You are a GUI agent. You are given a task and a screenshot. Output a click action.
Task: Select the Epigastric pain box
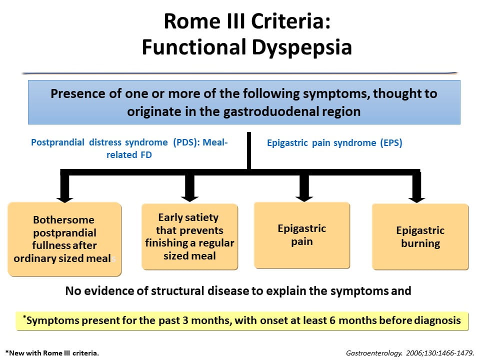(301, 235)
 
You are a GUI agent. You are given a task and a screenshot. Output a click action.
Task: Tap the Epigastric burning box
(420, 237)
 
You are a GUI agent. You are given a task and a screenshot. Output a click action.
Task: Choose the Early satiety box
(189, 236)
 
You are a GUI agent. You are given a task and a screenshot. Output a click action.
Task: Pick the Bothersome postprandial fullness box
(64, 239)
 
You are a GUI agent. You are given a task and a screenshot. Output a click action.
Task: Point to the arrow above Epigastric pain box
(302, 187)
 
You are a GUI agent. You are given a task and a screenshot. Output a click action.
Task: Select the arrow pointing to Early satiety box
(189, 187)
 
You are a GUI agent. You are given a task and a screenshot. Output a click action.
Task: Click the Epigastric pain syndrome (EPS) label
(334, 142)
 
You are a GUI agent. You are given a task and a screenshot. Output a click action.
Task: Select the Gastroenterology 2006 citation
(406, 352)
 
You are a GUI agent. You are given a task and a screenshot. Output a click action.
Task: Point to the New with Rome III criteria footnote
(52, 352)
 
